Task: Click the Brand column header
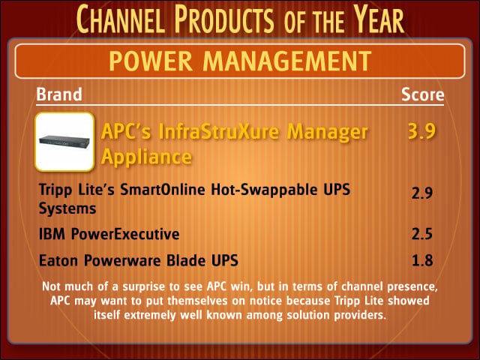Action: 59,94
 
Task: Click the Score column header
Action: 422,94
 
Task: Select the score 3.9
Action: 421,131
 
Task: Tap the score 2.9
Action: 421,193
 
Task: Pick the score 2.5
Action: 421,234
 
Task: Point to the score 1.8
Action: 422,260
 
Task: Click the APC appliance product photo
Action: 64,142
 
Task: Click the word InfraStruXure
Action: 219,131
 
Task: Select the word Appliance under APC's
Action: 146,157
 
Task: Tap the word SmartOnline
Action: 163,190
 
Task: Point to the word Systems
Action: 67,209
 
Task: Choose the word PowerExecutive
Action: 125,234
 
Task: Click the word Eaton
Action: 58,260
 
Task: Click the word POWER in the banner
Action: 151,61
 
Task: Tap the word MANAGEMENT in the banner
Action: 287,61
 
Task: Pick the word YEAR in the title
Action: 378,19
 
